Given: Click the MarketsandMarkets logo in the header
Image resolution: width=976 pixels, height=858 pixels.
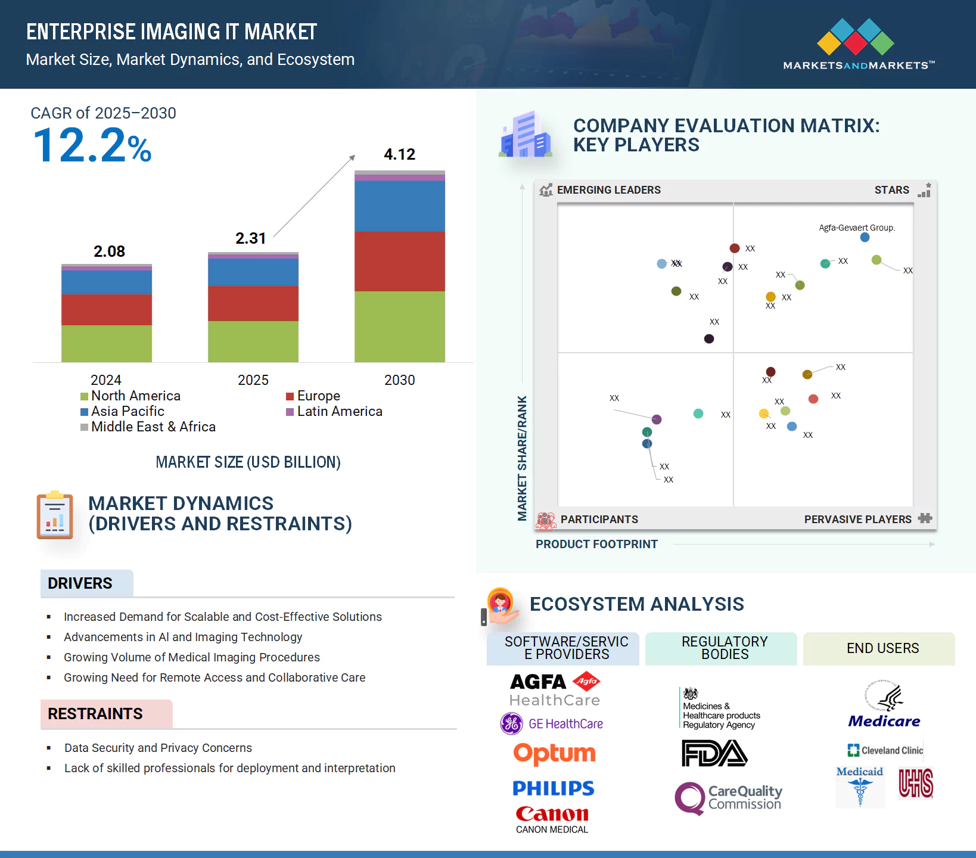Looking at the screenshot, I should [x=858, y=45].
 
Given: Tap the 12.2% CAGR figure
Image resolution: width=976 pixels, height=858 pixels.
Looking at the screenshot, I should [x=92, y=146].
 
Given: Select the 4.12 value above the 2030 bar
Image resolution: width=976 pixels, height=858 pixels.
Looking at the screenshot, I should [x=399, y=154].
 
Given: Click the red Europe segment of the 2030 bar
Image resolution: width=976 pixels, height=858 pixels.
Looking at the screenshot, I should [x=399, y=261].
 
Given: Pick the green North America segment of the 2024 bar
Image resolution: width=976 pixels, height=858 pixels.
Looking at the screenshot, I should [x=106, y=343].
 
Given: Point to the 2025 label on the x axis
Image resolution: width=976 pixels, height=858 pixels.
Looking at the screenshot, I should [x=253, y=380].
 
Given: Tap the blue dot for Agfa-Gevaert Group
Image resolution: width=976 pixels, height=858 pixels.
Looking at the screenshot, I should [x=865, y=237].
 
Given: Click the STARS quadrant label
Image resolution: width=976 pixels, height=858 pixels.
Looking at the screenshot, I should [x=891, y=190].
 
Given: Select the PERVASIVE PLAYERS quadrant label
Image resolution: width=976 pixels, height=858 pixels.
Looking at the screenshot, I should [x=857, y=519].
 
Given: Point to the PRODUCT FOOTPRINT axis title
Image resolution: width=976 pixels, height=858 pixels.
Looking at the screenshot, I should [x=596, y=544].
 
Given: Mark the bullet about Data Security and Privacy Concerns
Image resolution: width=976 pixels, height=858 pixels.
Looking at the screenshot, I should [x=158, y=748].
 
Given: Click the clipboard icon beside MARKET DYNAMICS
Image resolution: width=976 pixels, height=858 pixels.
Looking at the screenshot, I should [x=55, y=515].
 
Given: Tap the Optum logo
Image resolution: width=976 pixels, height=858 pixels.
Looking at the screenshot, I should [x=554, y=754].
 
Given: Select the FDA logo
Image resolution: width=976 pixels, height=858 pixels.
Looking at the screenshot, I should [x=714, y=753].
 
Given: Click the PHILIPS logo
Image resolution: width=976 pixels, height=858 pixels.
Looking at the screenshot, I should [x=553, y=788].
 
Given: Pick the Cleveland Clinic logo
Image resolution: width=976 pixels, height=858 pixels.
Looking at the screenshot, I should [x=885, y=750].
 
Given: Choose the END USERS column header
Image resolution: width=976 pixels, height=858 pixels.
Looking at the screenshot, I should [x=882, y=648].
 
